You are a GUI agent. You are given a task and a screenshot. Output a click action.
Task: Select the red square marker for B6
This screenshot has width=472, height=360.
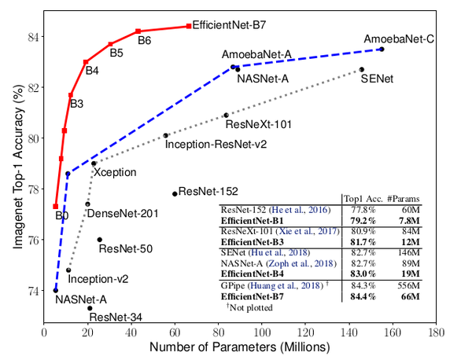(x=138, y=31)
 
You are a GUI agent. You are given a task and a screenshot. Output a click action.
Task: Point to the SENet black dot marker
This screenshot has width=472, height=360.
(x=362, y=70)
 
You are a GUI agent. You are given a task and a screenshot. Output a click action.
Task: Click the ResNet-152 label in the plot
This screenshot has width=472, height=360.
(x=208, y=191)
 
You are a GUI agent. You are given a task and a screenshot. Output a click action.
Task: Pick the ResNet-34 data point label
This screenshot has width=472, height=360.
(x=116, y=318)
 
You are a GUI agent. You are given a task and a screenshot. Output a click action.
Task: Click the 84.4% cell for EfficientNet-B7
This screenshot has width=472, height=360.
(x=367, y=297)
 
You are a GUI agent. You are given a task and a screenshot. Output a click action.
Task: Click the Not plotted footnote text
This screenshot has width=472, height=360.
(x=253, y=309)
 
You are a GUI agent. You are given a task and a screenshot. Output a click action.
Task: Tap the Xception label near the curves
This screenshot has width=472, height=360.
(x=116, y=171)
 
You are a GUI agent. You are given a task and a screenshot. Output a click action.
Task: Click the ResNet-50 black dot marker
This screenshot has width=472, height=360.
(x=99, y=240)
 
